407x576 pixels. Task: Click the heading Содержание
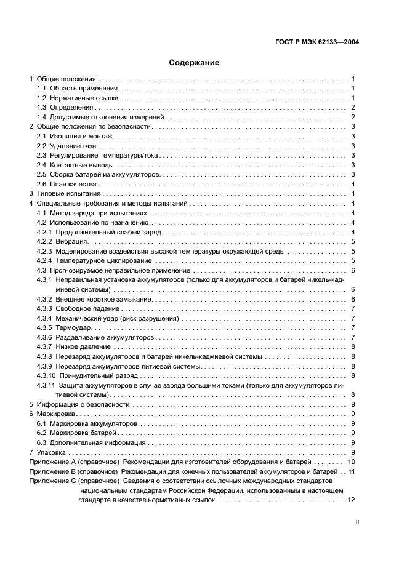tap(194, 63)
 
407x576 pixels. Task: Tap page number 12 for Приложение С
tap(352, 500)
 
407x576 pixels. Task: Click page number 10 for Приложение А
tap(352, 462)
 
